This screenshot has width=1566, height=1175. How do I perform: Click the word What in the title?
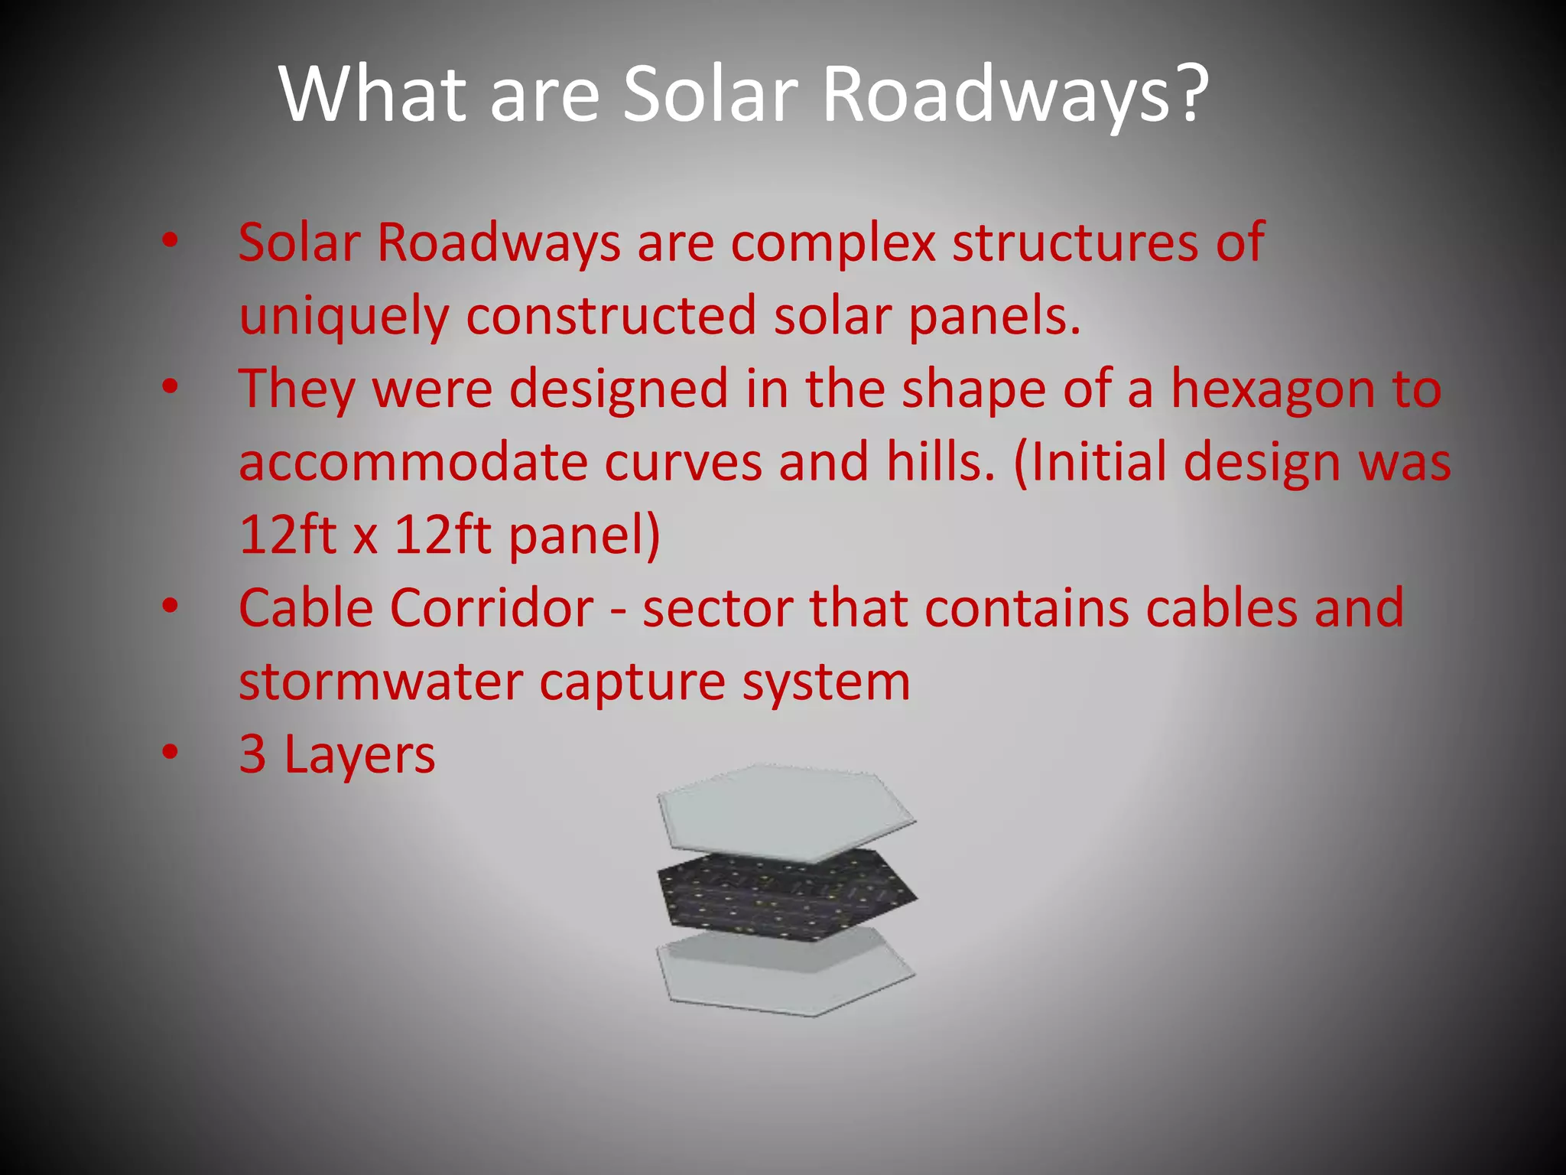[373, 94]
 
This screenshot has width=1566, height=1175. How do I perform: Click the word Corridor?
[492, 608]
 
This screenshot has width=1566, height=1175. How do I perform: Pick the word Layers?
[359, 755]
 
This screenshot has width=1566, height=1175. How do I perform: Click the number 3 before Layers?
[253, 754]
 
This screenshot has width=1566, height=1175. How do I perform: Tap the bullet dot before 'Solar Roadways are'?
[170, 242]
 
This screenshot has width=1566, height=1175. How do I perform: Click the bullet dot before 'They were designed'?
[170, 388]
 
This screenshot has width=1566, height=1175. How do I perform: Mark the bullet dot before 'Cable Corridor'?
[170, 607]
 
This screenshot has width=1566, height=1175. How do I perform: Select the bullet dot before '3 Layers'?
[170, 753]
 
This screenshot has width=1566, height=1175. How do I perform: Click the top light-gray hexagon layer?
[784, 812]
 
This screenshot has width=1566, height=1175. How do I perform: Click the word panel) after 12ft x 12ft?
[584, 535]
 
